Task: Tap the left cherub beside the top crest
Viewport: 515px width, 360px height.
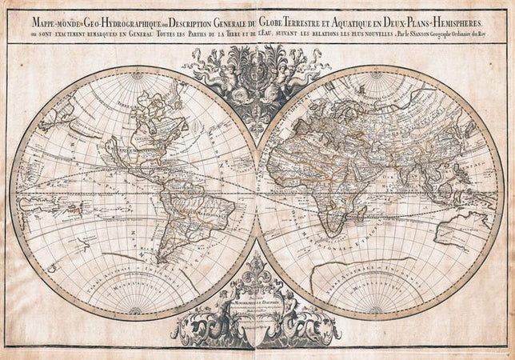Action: (226, 75)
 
